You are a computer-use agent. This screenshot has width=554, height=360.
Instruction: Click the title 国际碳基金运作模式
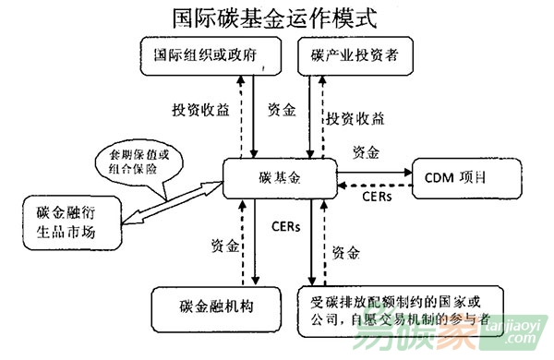(x=277, y=18)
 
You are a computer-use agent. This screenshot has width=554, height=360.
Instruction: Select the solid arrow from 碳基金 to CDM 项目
(x=374, y=171)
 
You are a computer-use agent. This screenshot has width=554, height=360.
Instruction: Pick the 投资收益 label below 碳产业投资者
(x=354, y=118)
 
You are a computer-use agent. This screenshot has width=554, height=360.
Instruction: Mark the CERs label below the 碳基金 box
(x=284, y=225)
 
